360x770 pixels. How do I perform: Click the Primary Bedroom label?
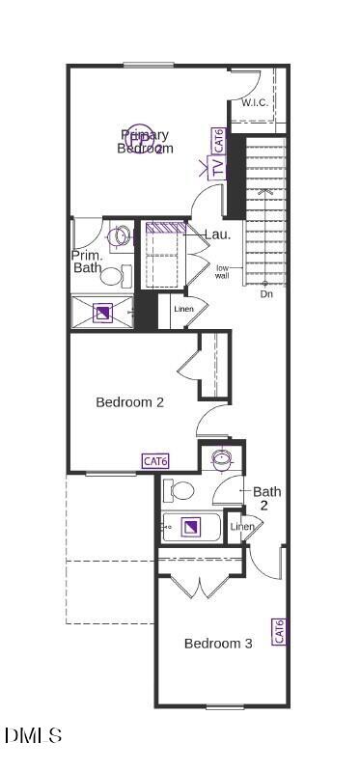click(145, 141)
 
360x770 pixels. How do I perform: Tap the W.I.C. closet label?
click(255, 102)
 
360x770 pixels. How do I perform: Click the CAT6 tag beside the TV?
click(219, 141)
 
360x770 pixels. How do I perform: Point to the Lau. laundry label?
click(217, 234)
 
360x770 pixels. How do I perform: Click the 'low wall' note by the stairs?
click(222, 271)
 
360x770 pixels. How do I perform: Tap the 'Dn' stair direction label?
click(266, 293)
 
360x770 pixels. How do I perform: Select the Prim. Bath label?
click(88, 261)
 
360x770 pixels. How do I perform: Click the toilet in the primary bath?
click(113, 277)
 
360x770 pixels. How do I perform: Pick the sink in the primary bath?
click(119, 235)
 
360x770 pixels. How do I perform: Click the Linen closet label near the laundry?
click(183, 309)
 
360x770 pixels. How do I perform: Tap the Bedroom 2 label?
click(129, 401)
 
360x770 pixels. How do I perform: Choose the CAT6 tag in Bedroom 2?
click(155, 461)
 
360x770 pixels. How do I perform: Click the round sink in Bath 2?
click(223, 457)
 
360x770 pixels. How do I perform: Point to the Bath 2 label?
click(267, 498)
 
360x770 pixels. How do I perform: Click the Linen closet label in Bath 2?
click(242, 526)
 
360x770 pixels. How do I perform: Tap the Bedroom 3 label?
click(218, 643)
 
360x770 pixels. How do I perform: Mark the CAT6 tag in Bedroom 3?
click(278, 632)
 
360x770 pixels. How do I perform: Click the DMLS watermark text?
click(34, 735)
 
